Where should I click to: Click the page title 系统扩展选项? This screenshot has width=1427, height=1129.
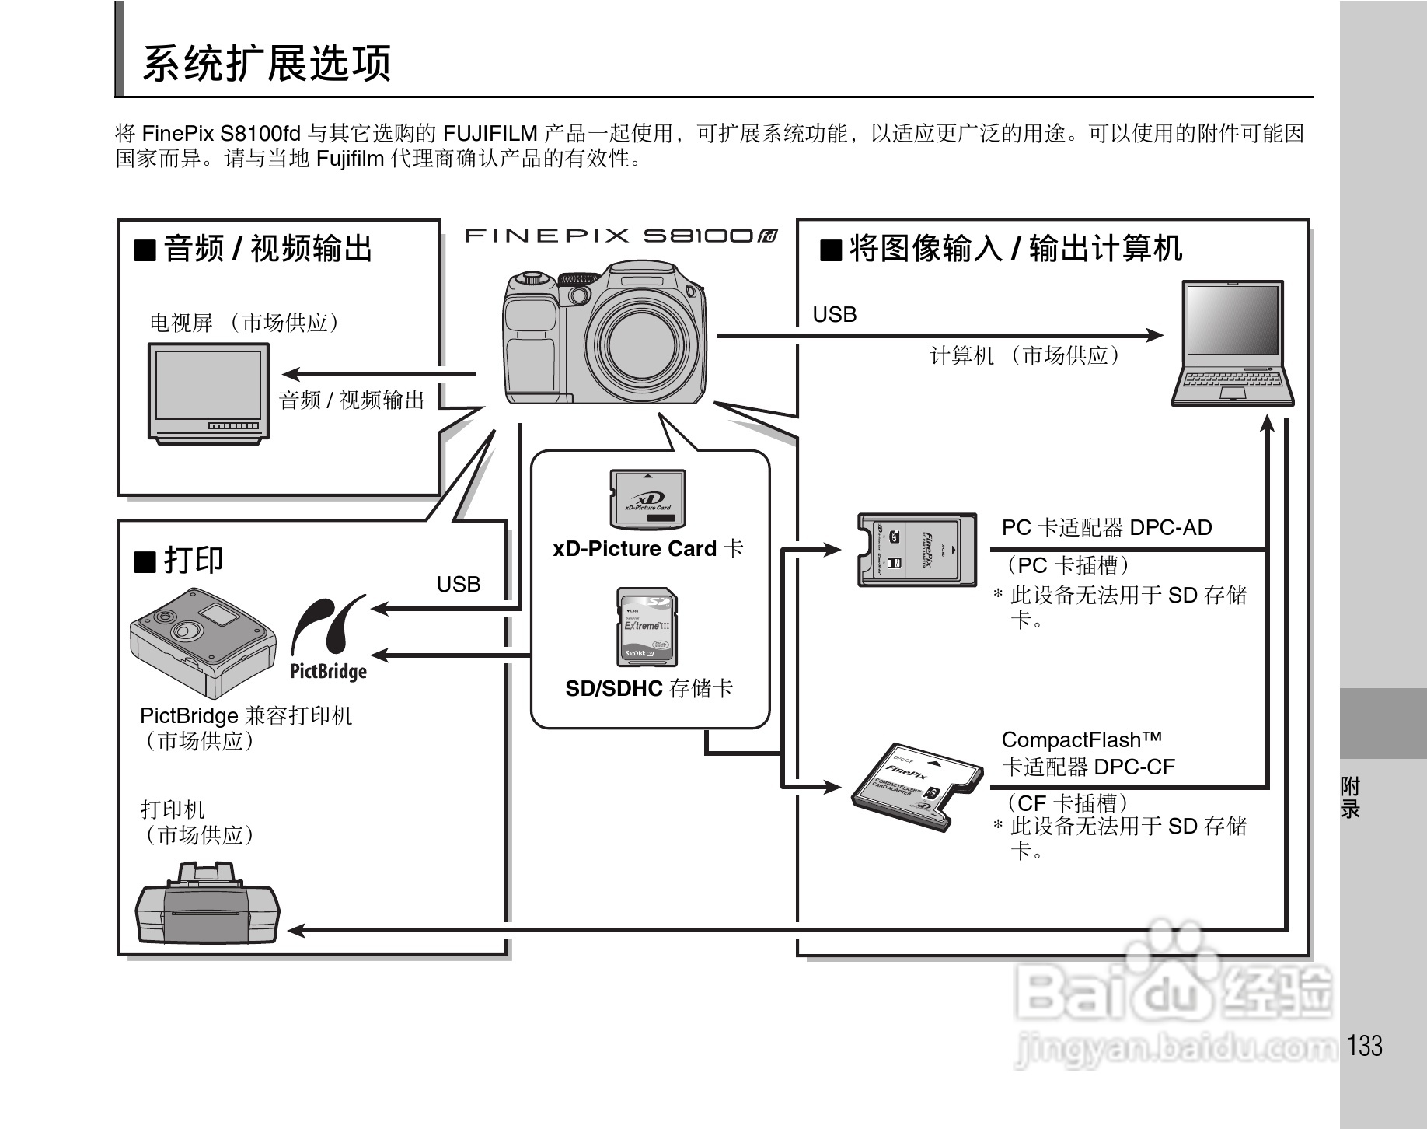(267, 63)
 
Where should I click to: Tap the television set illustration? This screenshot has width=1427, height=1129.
(208, 393)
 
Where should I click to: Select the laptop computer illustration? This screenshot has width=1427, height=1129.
(1232, 344)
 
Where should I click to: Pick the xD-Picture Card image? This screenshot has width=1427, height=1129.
(647, 499)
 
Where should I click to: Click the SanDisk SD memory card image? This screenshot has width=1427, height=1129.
(647, 627)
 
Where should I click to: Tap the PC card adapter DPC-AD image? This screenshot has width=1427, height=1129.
(916, 549)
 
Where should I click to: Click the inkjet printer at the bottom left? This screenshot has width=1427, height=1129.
(208, 904)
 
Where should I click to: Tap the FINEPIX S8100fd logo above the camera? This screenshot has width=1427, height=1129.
(620, 236)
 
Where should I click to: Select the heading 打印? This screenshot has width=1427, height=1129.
(180, 560)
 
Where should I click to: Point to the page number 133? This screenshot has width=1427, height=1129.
(1365, 1046)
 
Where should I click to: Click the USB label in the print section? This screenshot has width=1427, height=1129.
(459, 585)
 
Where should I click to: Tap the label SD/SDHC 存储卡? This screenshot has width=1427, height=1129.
(649, 688)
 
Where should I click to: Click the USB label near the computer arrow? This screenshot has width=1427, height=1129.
(835, 315)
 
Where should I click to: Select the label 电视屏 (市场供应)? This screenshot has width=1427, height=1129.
(244, 323)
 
